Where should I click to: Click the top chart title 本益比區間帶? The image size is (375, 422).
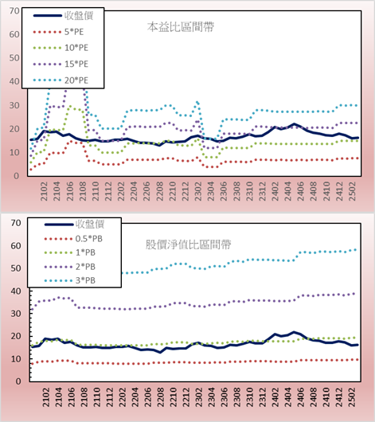tap(181, 27)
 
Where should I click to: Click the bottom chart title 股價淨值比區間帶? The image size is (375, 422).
tap(188, 244)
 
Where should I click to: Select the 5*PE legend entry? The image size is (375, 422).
tap(58, 32)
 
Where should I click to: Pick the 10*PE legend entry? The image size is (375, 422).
tap(61, 48)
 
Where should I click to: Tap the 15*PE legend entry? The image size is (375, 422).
tap(61, 64)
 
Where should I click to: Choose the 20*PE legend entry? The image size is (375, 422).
tap(61, 80)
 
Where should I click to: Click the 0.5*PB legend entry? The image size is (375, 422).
tap(73, 239)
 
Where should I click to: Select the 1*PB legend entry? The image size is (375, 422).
tap(70, 252)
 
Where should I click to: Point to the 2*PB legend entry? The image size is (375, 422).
tap(70, 267)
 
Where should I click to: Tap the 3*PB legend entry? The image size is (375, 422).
tap(70, 280)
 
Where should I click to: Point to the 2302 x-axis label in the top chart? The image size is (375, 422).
tap(198, 191)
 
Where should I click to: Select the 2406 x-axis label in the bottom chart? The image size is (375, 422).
tap(301, 397)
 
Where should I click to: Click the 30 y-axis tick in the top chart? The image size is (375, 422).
tap(14, 105)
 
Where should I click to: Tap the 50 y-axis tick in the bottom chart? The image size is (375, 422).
tap(16, 268)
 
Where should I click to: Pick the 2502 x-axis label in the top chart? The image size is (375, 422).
tap(352, 191)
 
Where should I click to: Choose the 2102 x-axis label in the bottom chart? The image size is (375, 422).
tap(46, 397)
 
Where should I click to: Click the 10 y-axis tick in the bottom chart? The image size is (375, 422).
tap(16, 359)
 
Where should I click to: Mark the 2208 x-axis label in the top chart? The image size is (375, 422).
tap(160, 191)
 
